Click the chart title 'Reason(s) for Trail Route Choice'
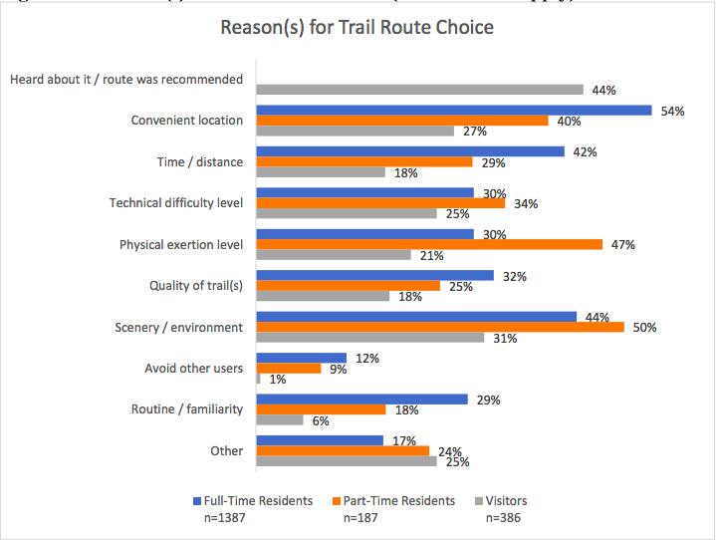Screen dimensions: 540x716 tap(357, 27)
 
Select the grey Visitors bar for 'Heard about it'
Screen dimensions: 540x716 tap(419, 90)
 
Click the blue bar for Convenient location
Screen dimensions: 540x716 tap(453, 111)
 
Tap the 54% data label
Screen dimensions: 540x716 tap(672, 111)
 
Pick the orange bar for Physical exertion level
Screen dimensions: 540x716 tap(429, 244)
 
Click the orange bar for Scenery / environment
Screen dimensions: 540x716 tap(440, 327)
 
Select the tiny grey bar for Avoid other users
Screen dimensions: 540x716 tap(259, 379)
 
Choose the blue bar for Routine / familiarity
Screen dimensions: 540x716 tap(361, 400)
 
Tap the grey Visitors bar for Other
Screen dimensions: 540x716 tap(347, 461)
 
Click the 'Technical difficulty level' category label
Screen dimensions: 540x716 tap(175, 203)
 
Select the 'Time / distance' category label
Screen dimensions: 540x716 tap(200, 161)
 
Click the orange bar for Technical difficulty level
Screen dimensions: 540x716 tap(380, 203)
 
